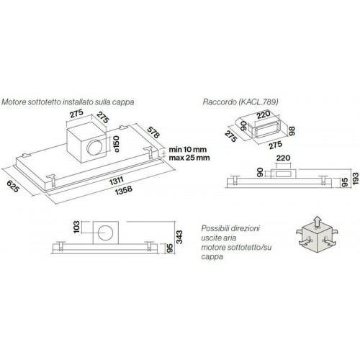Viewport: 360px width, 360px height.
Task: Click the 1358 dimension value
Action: tap(123, 190)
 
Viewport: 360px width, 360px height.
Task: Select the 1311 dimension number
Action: tap(117, 181)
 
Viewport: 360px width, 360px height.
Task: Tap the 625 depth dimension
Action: tap(12, 186)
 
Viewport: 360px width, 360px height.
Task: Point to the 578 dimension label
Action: tap(153, 132)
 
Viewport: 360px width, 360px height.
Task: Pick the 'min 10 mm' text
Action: tap(188, 150)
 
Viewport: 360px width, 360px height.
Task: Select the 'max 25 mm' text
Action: tap(189, 158)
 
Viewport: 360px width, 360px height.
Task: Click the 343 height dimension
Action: tap(179, 237)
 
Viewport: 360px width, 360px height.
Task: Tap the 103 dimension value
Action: tap(76, 227)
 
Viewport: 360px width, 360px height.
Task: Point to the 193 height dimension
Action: tap(356, 179)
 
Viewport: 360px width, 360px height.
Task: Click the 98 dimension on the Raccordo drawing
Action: tap(292, 131)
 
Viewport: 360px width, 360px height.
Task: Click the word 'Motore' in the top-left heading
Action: tap(14, 102)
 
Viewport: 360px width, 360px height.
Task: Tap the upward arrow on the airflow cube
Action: tap(318, 221)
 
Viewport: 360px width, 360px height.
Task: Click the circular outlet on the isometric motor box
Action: tap(95, 147)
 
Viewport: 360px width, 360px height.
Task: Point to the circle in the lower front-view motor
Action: tap(106, 233)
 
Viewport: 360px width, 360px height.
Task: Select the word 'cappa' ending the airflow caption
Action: tap(212, 257)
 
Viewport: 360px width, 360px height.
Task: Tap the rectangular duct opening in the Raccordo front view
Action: tap(283, 174)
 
